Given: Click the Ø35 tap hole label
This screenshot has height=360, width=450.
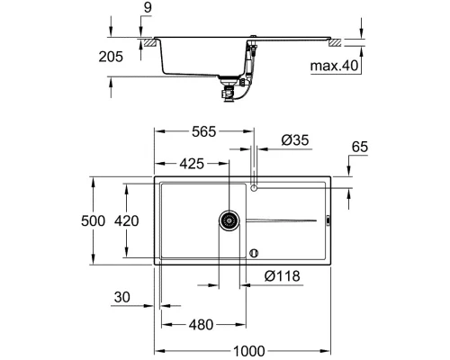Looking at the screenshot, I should [x=295, y=139].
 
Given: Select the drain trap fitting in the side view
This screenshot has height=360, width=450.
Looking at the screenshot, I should [x=231, y=85].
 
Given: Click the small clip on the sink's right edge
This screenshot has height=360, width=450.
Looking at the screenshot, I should [x=328, y=220].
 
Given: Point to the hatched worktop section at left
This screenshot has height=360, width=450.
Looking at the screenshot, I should [x=146, y=41].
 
